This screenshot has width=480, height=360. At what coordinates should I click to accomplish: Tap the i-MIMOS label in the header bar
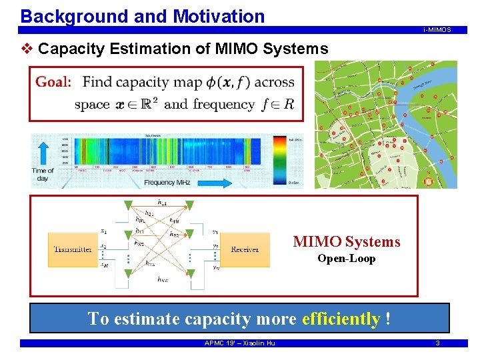pos(437,30)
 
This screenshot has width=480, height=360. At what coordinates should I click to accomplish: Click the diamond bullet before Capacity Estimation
pos(28,49)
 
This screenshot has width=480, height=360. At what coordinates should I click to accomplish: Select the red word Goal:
pos(53,82)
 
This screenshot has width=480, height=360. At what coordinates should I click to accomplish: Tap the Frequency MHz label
pos(169,182)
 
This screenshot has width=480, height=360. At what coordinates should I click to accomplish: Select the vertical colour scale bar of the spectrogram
pos(278,158)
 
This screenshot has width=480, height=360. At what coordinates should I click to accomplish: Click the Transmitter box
pos(73,250)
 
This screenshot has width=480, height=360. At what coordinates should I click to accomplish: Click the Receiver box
pos(245,250)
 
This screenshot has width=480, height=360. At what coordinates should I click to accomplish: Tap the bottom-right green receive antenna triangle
pos(190,273)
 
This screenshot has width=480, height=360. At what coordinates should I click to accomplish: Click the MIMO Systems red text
pos(347,241)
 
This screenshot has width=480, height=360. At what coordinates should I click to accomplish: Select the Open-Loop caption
pos(346,259)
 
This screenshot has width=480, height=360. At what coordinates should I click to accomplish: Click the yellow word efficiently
pos(341,319)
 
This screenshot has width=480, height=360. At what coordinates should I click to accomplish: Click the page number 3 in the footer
pos(437,343)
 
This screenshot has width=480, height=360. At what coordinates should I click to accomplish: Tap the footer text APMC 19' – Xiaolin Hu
pos(239,343)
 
